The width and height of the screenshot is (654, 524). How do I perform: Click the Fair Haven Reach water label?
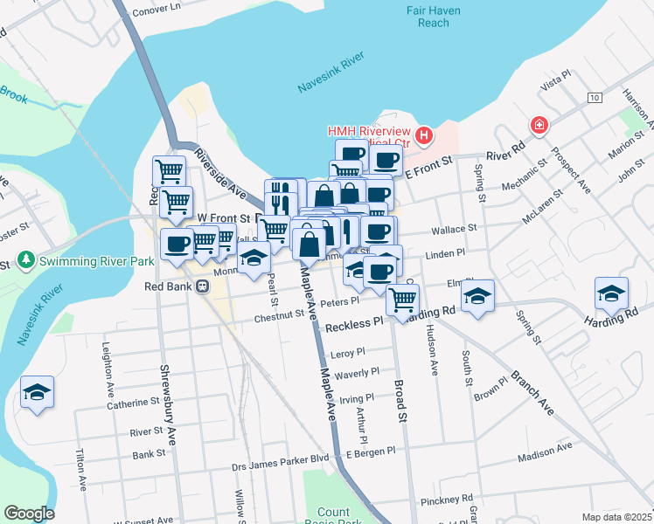click(x=428, y=17)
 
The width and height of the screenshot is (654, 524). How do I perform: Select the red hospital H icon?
click(x=424, y=135)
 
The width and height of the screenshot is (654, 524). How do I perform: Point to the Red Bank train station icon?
click(x=203, y=286)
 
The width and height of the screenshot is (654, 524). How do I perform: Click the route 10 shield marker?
click(x=595, y=97)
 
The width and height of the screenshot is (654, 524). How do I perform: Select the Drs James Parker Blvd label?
click(x=280, y=457)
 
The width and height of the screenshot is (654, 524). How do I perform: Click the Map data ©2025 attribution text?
click(x=616, y=517)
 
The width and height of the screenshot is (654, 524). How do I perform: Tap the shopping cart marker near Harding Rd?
click(x=402, y=300)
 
